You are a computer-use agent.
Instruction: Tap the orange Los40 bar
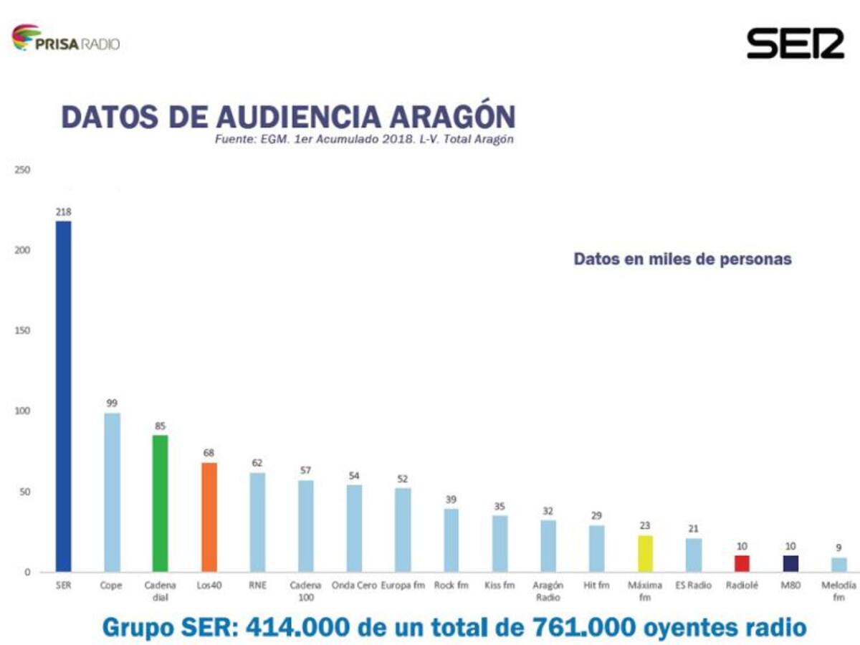(209, 517)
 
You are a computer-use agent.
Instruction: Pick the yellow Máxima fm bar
(645, 553)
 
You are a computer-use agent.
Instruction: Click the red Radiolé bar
(742, 563)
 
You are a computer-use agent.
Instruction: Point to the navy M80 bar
(790, 563)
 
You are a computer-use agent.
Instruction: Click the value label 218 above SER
(64, 211)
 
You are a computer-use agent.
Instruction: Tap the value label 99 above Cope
(112, 403)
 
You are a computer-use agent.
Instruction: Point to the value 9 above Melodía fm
(838, 548)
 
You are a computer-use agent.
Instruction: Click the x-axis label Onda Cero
(354, 586)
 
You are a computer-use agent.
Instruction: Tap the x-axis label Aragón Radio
(548, 591)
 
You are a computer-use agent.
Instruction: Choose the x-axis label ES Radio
(694, 586)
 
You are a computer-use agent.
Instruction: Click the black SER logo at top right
(795, 43)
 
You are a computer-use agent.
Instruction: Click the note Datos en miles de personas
(682, 259)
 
